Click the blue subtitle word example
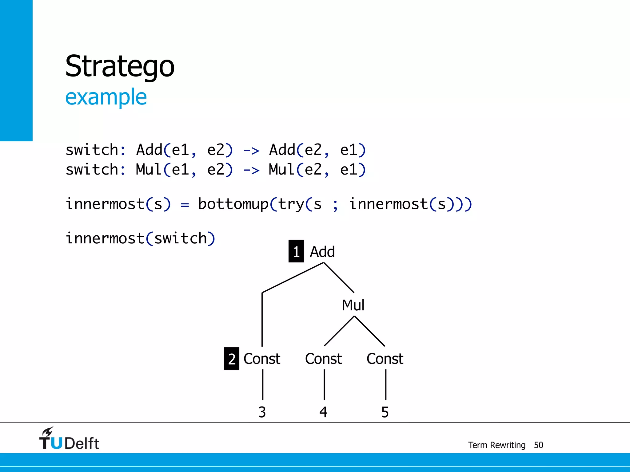pos(106,97)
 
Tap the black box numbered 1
pos(296,251)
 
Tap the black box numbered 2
pos(231,359)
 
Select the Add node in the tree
pos(322,252)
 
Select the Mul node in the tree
pos(353,305)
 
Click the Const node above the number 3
pos(262,359)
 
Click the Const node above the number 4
pos(323,359)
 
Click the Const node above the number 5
pos(385,359)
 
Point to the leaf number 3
pos(262,412)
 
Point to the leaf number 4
pos(323,412)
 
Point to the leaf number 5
pos(385,412)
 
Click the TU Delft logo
pos(69,439)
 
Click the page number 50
pos(538,445)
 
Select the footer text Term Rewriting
pos(496,445)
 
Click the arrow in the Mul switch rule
pos(251,170)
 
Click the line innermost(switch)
pos(140,238)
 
